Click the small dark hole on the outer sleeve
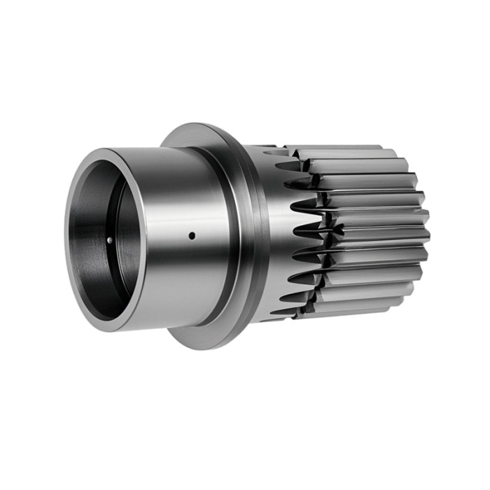[x=191, y=236]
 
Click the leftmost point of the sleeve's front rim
[x=66, y=241]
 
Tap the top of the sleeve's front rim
[x=105, y=150]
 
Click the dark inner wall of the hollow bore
[x=91, y=245]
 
